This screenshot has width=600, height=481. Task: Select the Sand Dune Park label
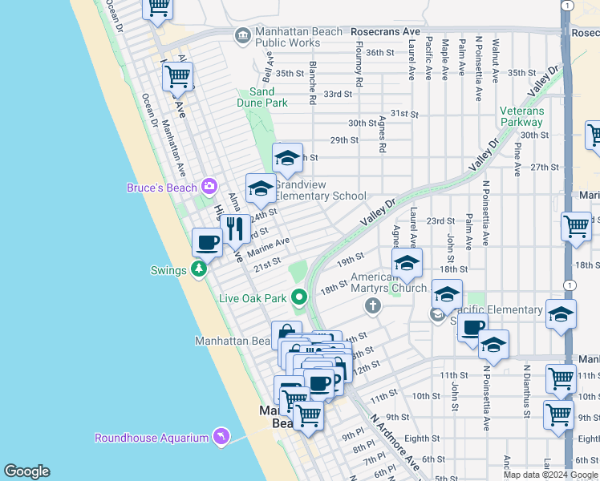[261, 98]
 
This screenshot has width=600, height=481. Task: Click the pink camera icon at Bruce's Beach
[209, 187]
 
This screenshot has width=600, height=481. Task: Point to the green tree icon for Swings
[199, 270]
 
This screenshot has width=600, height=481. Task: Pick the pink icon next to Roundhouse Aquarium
[221, 437]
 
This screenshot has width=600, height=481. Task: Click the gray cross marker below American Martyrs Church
[371, 305]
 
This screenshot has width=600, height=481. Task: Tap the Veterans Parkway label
[521, 116]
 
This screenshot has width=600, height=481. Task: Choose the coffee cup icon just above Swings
[207, 242]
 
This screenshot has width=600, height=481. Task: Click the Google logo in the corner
[27, 471]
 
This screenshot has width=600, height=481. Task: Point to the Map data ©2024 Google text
[550, 475]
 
